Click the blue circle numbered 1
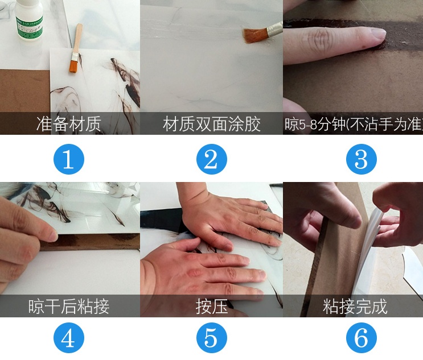click(x=68, y=159)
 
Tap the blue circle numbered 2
click(x=211, y=159)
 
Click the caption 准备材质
click(x=68, y=124)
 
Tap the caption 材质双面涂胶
click(x=211, y=124)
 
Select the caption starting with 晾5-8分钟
click(x=353, y=124)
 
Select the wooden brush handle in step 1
click(x=78, y=37)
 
